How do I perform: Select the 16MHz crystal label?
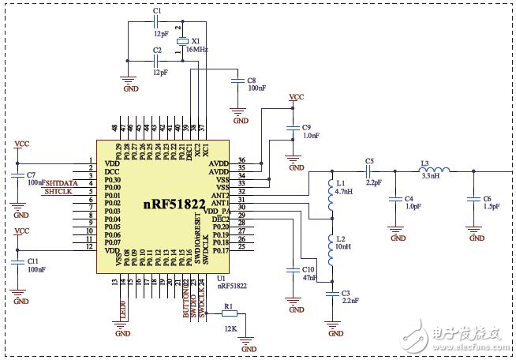[x=196, y=48]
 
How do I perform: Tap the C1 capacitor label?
[x=156, y=11]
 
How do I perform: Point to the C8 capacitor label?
[x=251, y=81]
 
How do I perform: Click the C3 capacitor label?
[x=346, y=293]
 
